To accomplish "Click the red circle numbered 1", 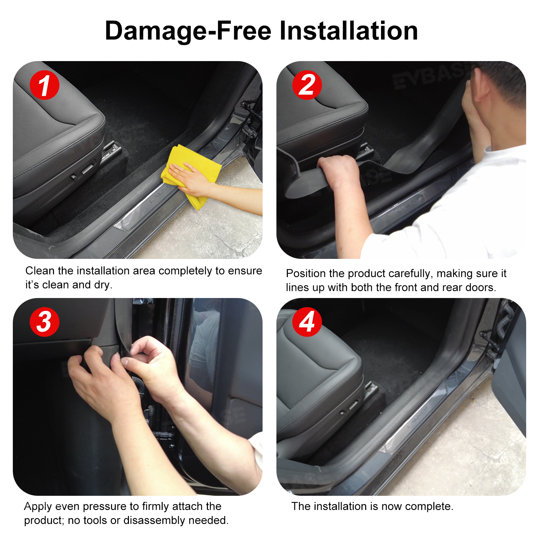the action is (x=45, y=85).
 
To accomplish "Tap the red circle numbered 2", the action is (x=307, y=85).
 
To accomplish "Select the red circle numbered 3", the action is (x=45, y=322).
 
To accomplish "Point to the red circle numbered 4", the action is (x=307, y=322).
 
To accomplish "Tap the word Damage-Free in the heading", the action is (x=188, y=31).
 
